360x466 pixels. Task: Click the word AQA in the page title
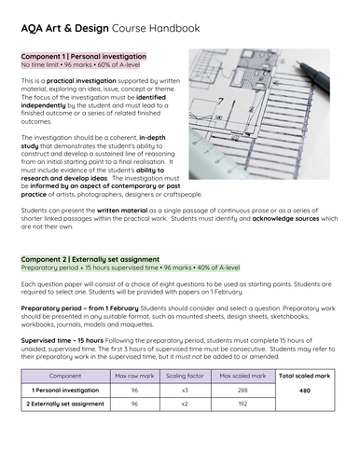(x=34, y=28)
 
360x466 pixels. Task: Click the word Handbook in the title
(x=172, y=28)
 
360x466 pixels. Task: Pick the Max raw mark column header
(x=133, y=375)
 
